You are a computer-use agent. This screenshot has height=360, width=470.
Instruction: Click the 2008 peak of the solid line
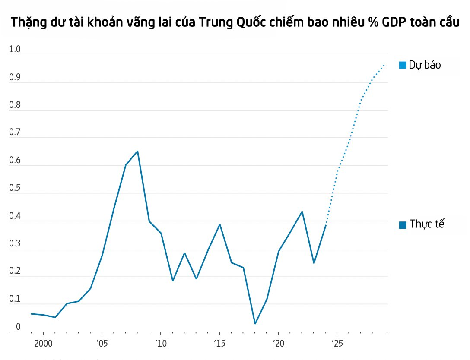(x=137, y=151)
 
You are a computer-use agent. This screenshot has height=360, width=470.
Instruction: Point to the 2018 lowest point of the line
(x=255, y=323)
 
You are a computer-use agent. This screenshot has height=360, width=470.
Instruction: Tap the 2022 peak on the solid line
(x=302, y=212)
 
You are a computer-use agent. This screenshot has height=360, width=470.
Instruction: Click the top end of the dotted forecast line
(x=384, y=65)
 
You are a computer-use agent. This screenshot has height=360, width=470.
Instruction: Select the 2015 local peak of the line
(x=220, y=224)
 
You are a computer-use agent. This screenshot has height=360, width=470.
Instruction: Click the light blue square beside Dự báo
(x=403, y=65)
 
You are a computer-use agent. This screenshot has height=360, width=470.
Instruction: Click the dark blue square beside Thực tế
(x=403, y=224)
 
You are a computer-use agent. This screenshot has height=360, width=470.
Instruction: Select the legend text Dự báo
(x=425, y=65)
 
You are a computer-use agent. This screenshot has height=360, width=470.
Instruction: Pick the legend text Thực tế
(x=427, y=224)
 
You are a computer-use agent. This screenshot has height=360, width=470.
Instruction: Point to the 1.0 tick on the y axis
(x=15, y=50)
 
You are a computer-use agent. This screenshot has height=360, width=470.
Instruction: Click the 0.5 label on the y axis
(x=15, y=188)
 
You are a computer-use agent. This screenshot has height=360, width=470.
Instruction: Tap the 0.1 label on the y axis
(x=15, y=299)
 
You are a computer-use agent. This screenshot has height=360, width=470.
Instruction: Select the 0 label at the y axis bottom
(x=18, y=327)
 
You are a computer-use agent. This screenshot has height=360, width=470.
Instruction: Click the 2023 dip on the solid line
(x=314, y=263)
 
